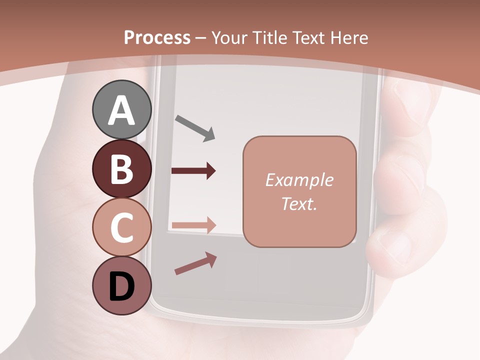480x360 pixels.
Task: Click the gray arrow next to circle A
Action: (195, 127)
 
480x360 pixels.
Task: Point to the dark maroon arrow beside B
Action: (193, 171)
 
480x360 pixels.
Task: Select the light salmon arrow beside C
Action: (193, 225)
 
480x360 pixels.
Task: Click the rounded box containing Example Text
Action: (299, 191)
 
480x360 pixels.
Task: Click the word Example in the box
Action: (299, 180)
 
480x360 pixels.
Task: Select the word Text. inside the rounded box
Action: (299, 203)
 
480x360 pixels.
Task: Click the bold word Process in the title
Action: (157, 37)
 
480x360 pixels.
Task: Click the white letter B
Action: (121, 169)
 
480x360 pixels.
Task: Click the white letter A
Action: (122, 110)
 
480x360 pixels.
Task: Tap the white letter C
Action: (122, 228)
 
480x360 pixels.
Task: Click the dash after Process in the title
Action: (201, 38)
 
